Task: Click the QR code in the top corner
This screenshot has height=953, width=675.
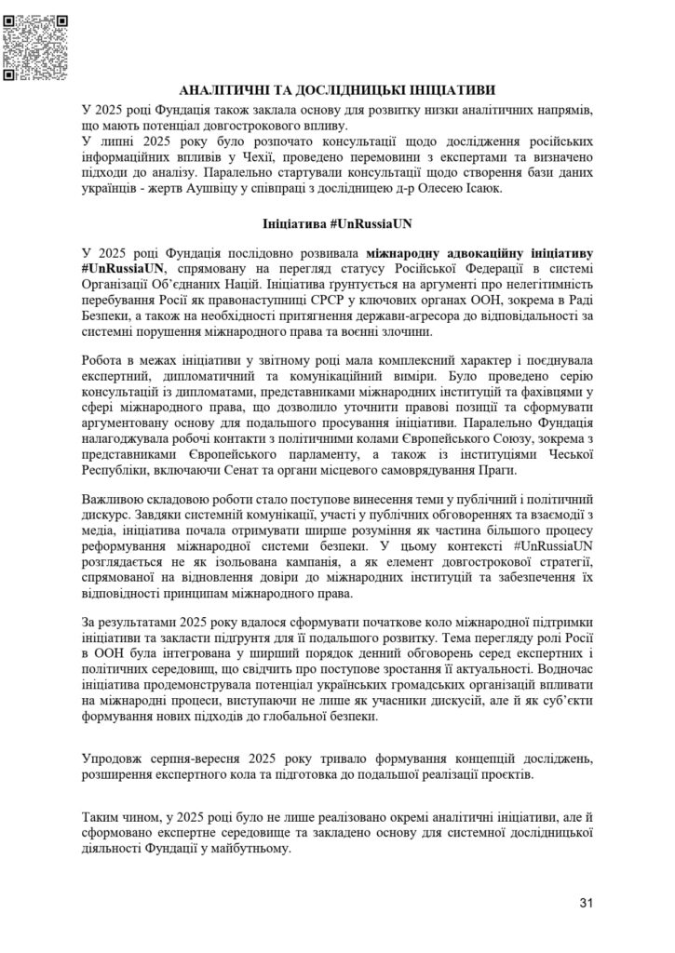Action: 36,45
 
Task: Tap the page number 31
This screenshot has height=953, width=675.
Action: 585,902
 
